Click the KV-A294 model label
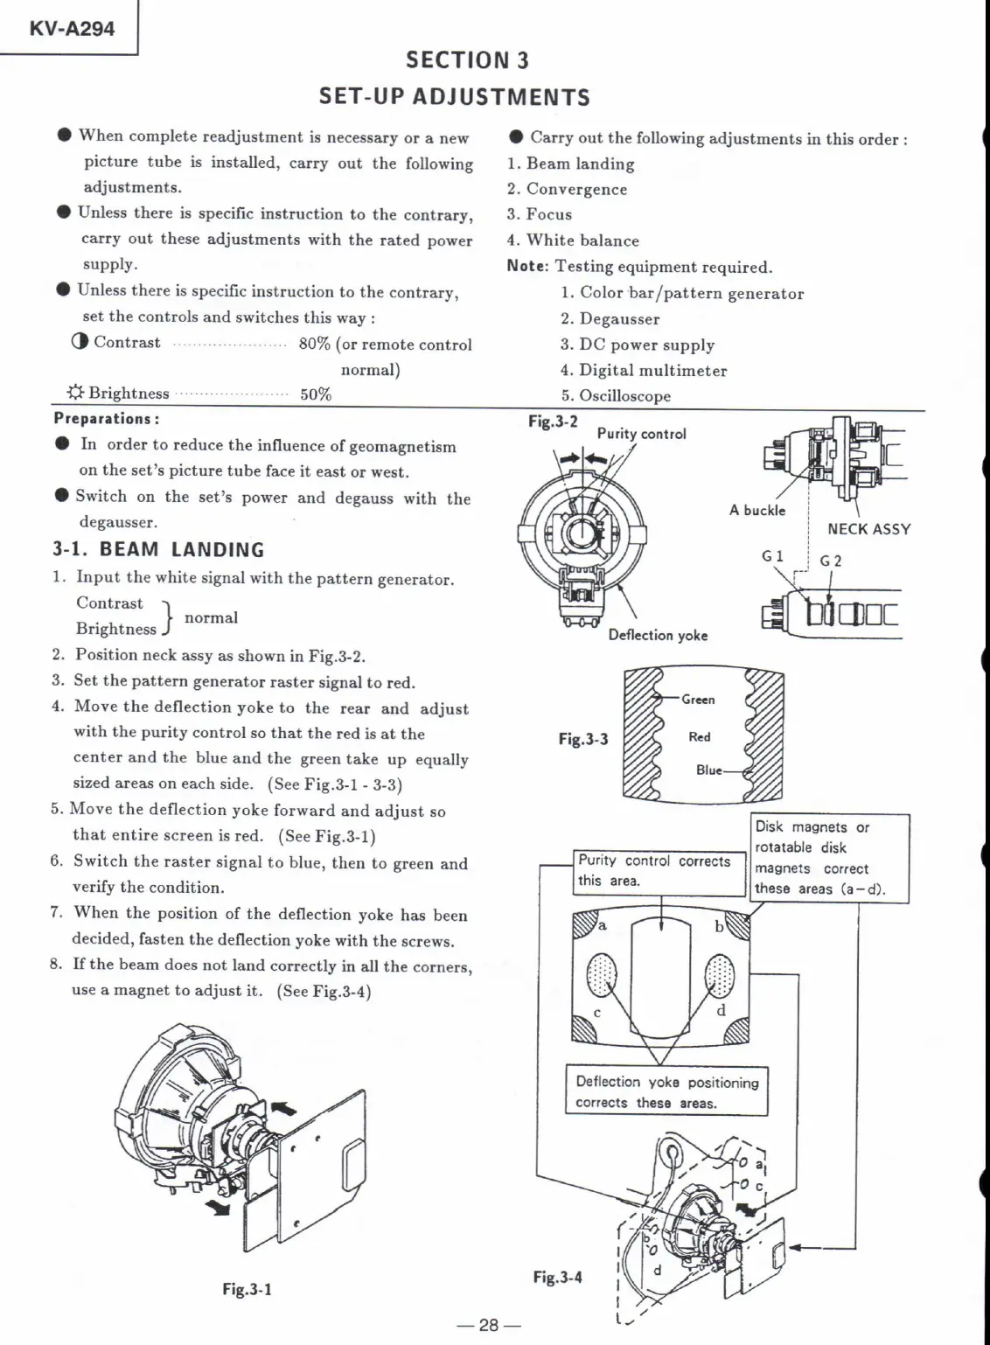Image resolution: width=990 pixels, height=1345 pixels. point(72,28)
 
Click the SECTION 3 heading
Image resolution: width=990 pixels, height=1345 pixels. point(467,59)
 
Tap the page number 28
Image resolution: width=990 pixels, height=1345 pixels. point(488,1325)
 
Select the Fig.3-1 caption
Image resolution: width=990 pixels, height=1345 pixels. point(247,1289)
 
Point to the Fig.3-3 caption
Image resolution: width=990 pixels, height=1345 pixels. point(582,739)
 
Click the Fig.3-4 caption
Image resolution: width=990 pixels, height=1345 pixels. point(557,1277)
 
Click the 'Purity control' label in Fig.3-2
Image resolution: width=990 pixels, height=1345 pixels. point(641,434)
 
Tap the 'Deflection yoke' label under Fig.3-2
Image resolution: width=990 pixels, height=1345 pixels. point(658,635)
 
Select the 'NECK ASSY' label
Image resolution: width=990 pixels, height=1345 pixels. point(868,529)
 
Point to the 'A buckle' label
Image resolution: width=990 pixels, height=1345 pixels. point(757,510)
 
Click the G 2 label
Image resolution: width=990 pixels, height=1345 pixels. point(830,561)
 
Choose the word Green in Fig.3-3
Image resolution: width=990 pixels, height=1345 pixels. point(698,700)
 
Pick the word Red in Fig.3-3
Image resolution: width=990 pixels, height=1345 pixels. point(700,737)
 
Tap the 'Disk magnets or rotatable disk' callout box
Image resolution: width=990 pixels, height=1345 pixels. point(831,858)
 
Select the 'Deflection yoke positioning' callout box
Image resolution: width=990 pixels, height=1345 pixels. point(666,1091)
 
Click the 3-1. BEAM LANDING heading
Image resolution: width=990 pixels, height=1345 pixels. point(158,550)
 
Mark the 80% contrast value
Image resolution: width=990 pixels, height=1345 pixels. point(314,344)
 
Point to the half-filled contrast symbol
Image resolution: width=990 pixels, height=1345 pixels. point(80,342)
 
